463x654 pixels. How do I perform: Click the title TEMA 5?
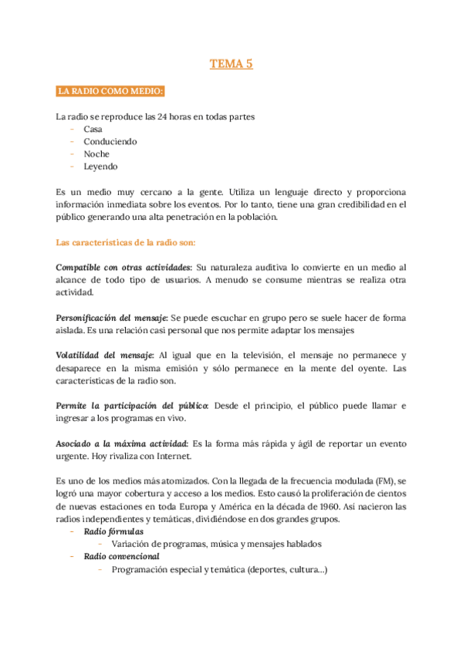coord(231,64)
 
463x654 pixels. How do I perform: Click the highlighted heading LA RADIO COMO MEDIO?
coord(110,93)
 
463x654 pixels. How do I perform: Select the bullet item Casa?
coord(93,130)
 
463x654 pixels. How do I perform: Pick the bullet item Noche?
coord(96,154)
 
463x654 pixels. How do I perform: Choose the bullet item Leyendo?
coord(100,167)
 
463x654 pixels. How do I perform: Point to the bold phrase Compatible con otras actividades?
coord(123,267)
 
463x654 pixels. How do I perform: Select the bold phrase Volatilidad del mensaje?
coord(105,356)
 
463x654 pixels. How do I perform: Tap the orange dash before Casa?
coord(72,130)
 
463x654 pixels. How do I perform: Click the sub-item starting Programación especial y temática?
coord(219,569)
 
